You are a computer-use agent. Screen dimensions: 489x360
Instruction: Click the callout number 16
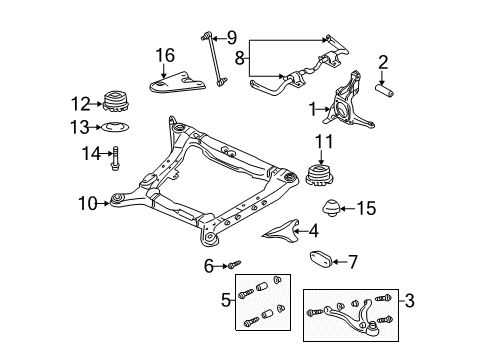pyautogui.click(x=165, y=55)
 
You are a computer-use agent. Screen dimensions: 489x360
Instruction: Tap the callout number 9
pyautogui.click(x=232, y=38)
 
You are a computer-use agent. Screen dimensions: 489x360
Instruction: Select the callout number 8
pyautogui.click(x=240, y=58)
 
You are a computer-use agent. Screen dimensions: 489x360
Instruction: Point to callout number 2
pyautogui.click(x=383, y=63)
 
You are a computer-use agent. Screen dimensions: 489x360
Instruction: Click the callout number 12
pyautogui.click(x=81, y=104)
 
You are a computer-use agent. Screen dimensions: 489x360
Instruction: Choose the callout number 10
pyautogui.click(x=88, y=203)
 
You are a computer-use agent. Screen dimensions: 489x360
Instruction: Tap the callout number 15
pyautogui.click(x=367, y=209)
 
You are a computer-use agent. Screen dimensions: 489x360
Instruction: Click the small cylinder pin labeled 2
pyautogui.click(x=385, y=90)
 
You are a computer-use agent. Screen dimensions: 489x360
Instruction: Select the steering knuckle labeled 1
pyautogui.click(x=349, y=102)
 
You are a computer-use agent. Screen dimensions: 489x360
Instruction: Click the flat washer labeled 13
pyautogui.click(x=115, y=127)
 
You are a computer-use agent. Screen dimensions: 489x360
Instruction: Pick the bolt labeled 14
pyautogui.click(x=115, y=159)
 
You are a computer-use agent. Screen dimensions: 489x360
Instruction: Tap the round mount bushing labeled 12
pyautogui.click(x=116, y=102)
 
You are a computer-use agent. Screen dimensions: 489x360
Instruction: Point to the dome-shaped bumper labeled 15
pyautogui.click(x=331, y=208)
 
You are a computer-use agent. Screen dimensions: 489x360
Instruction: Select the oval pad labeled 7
pyautogui.click(x=320, y=260)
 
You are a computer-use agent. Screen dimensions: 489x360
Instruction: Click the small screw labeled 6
pyautogui.click(x=234, y=265)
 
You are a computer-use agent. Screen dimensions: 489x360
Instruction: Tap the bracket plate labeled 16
pyautogui.click(x=177, y=82)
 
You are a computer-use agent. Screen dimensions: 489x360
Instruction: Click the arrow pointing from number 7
pyautogui.click(x=339, y=262)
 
